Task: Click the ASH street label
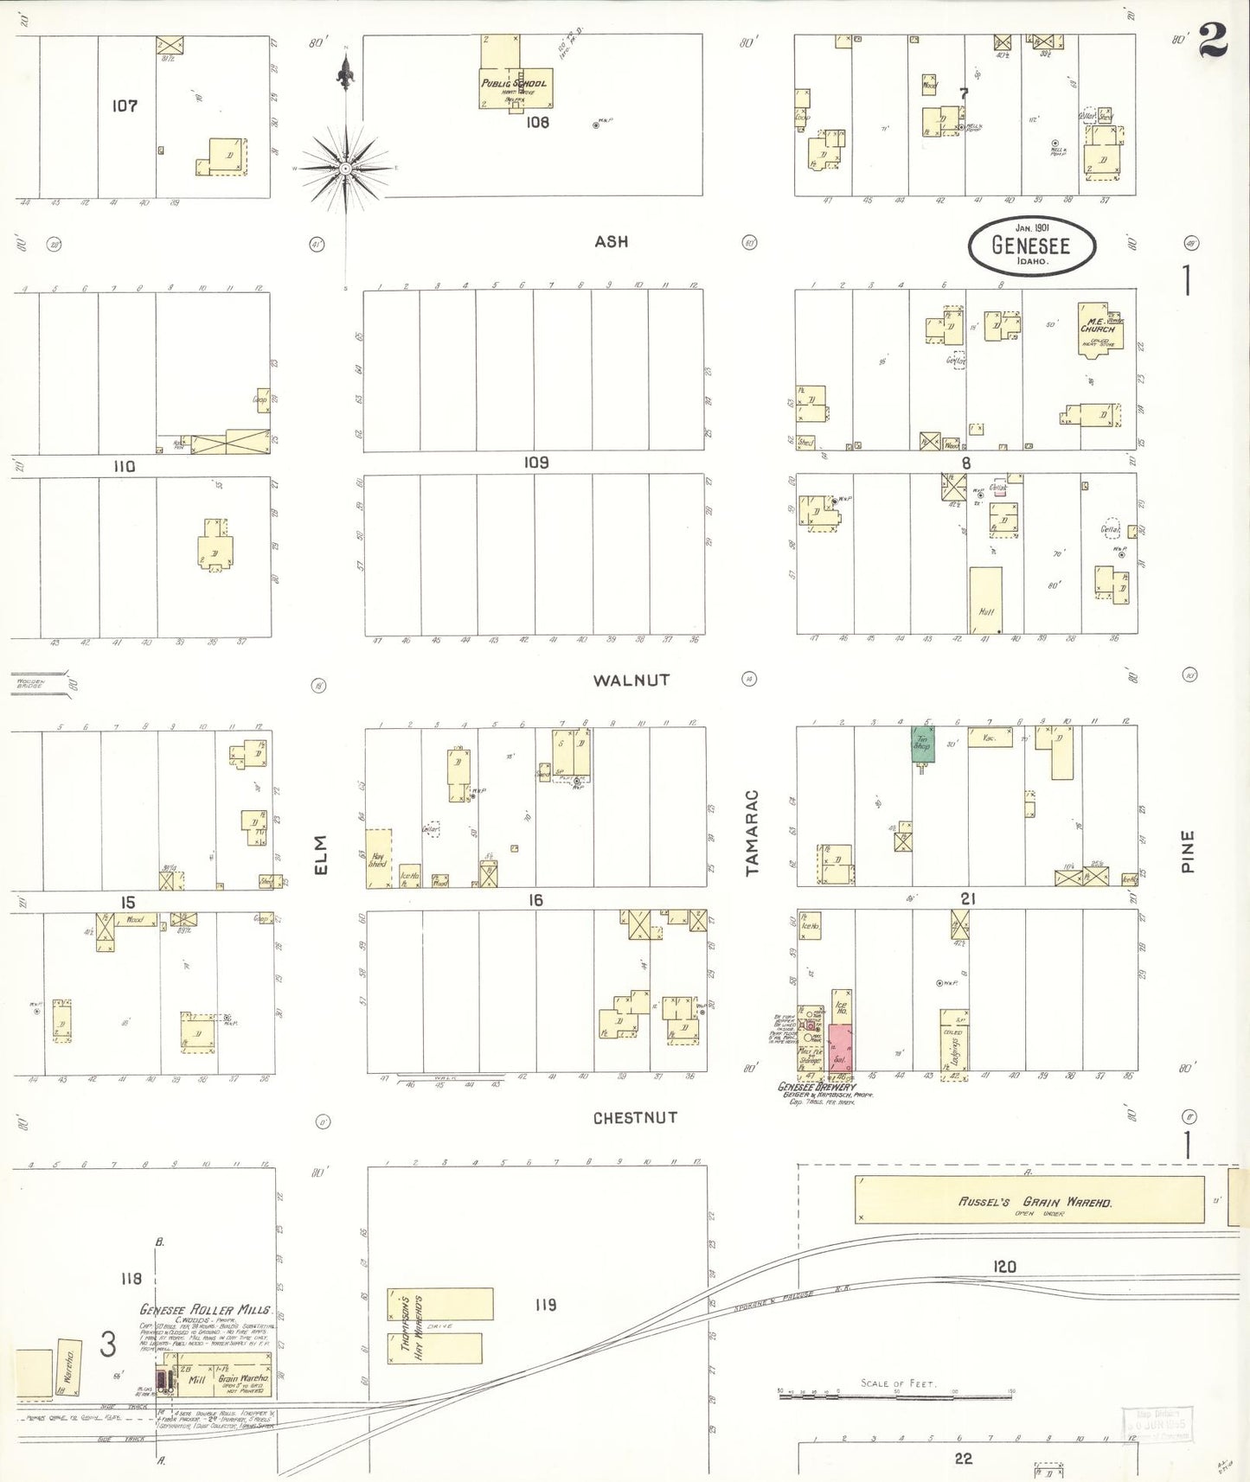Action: tap(611, 242)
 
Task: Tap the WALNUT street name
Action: tap(631, 680)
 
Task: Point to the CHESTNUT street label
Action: tap(635, 1118)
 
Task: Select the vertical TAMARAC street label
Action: tap(753, 833)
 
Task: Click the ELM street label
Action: tap(321, 854)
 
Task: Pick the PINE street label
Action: tap(1188, 851)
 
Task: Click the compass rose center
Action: tap(345, 169)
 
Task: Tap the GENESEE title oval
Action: tap(1031, 246)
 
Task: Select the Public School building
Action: tap(514, 86)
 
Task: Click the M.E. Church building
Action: tap(1097, 329)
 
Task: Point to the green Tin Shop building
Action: tap(922, 744)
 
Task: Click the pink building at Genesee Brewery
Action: tap(840, 1048)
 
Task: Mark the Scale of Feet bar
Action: tap(894, 1393)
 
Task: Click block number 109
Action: tap(536, 463)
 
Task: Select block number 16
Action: tap(535, 901)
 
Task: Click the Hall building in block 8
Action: tap(985, 600)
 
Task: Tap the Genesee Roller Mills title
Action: tap(206, 1310)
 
